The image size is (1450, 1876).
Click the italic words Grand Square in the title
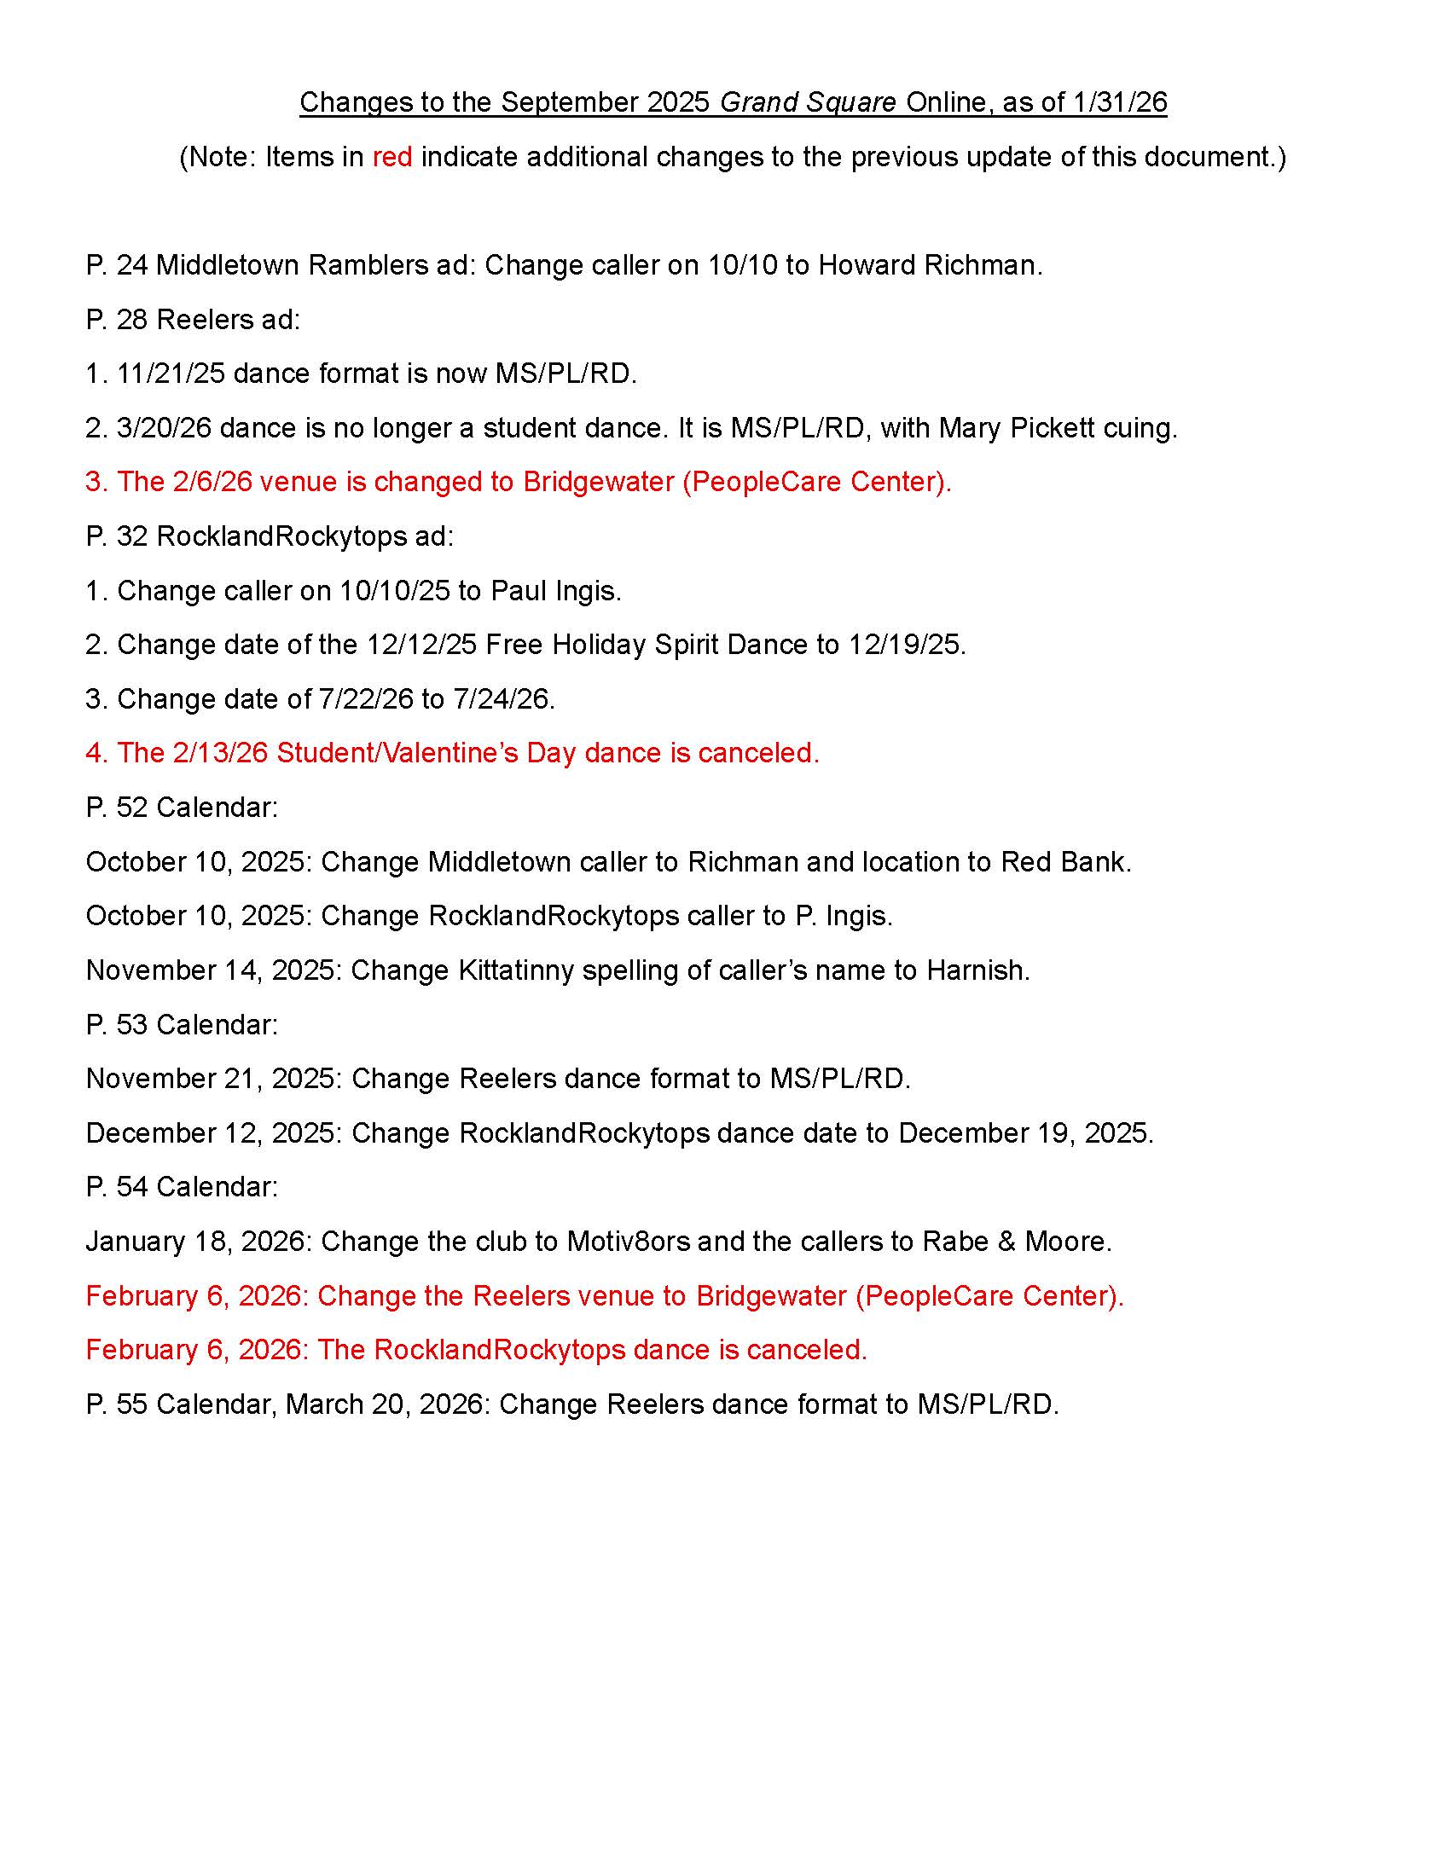coord(808,102)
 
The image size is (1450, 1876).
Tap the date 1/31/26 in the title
coord(1119,102)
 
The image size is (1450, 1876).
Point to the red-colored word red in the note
coord(391,157)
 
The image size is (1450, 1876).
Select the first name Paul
coord(518,591)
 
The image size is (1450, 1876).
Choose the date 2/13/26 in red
coord(220,753)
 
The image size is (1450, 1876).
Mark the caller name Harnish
coord(977,970)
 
